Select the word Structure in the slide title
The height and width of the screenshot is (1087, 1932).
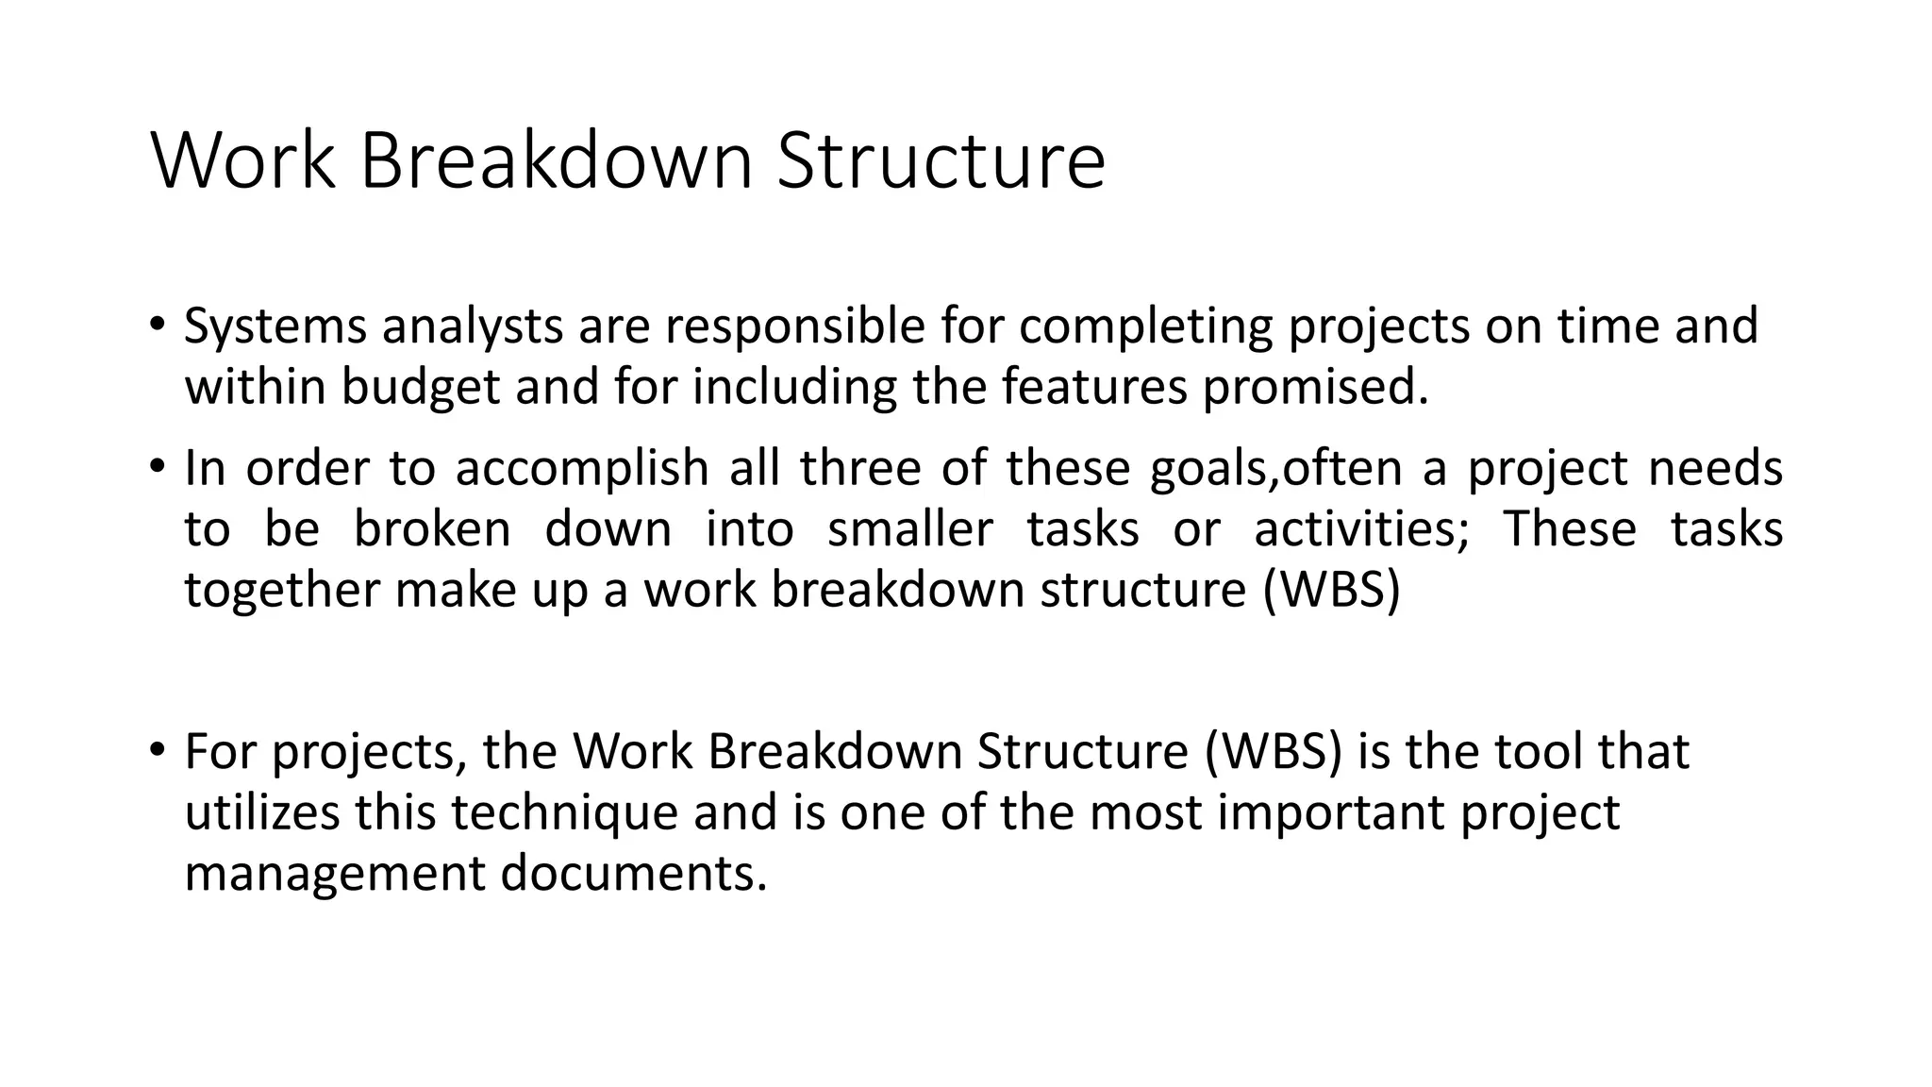tap(941, 161)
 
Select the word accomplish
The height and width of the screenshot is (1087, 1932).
tap(581, 468)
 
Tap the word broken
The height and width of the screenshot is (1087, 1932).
tap(432, 528)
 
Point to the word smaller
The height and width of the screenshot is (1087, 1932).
tap(909, 528)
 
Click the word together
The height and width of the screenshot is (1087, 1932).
tap(281, 590)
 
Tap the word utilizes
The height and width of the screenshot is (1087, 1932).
tap(261, 812)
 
